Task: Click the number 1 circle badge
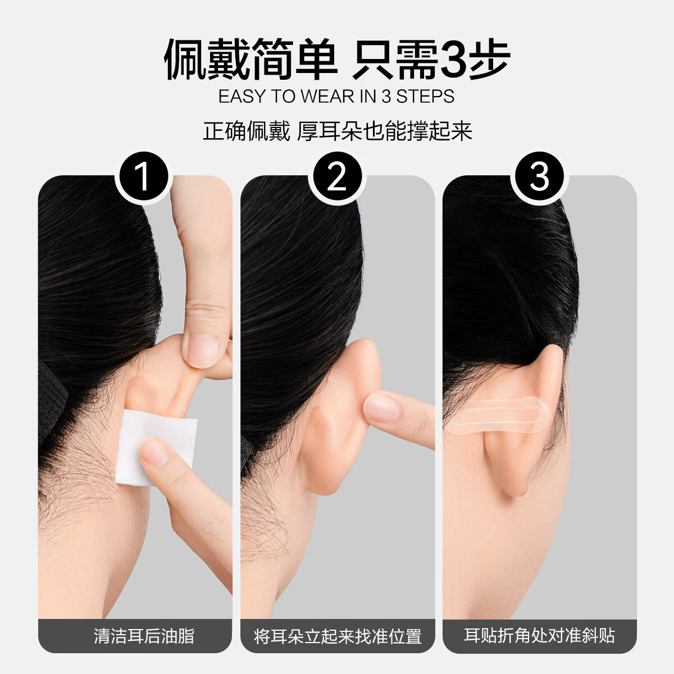[143, 177]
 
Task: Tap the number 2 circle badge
[337, 177]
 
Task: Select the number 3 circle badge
[539, 177]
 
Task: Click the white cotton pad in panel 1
[156, 444]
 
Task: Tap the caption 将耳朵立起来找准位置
[338, 636]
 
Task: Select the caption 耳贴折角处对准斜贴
[539, 636]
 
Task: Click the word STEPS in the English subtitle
[425, 97]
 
